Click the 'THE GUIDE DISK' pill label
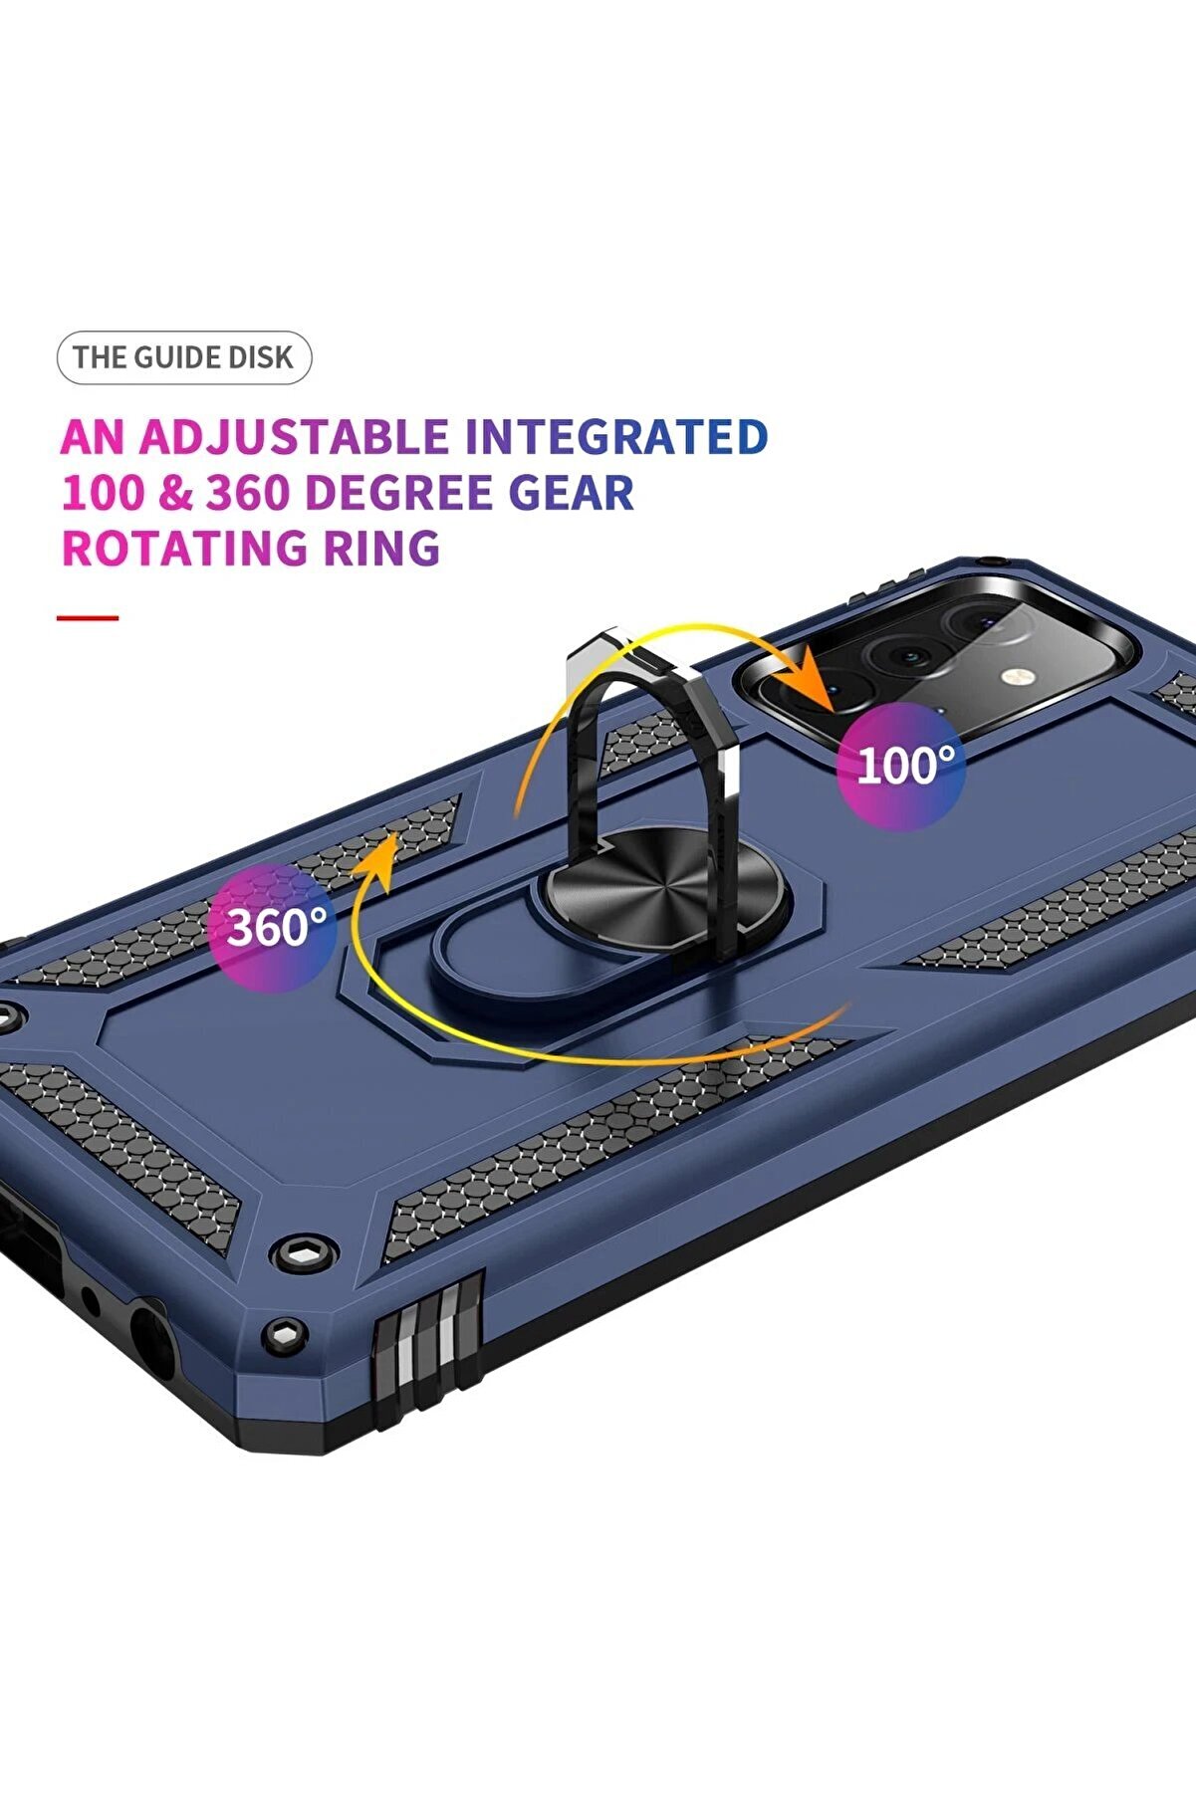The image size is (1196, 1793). [x=184, y=357]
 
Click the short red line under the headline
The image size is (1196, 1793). [x=88, y=618]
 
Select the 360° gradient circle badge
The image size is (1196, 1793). [x=273, y=927]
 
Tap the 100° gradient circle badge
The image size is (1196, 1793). [x=900, y=766]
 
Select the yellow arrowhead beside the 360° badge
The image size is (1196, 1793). [x=381, y=853]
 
